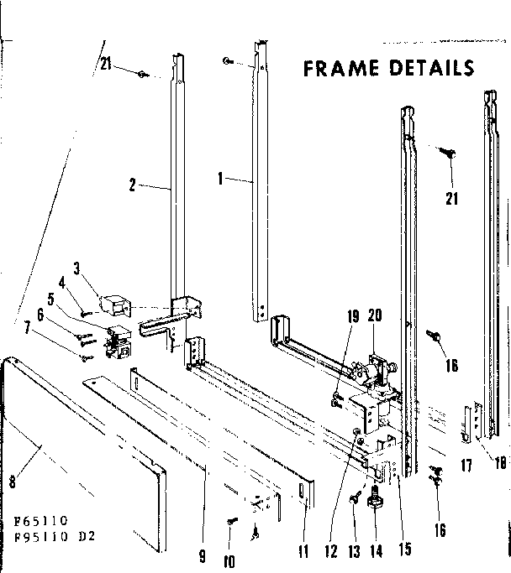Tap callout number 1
(219, 179)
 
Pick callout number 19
(353, 316)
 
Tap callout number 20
(375, 316)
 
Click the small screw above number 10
(231, 522)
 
